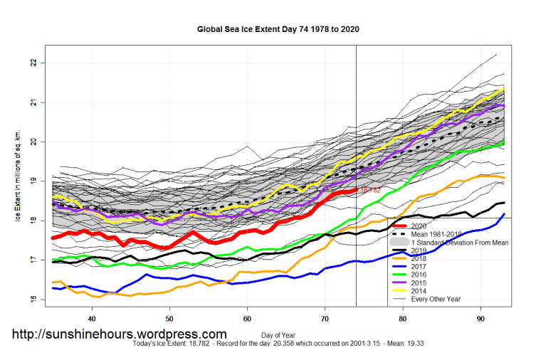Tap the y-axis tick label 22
click(33, 63)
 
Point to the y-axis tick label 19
click(33, 181)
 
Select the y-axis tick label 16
click(33, 300)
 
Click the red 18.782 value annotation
click(370, 191)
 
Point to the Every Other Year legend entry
click(444, 299)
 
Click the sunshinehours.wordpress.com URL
click(120, 334)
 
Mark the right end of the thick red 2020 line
click(355, 190)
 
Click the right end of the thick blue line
click(504, 213)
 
